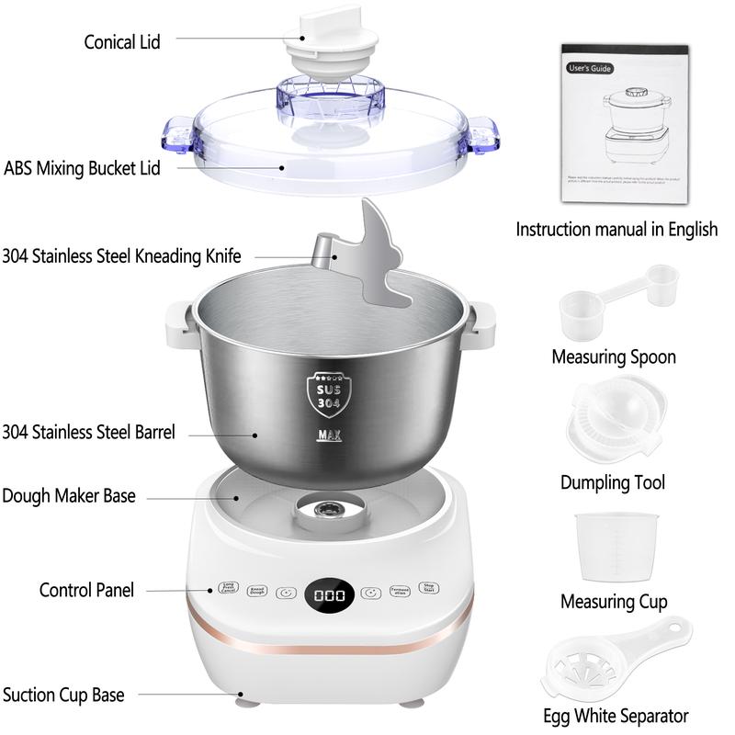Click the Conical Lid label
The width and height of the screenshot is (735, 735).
[122, 42]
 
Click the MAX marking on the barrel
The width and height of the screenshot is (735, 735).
[329, 435]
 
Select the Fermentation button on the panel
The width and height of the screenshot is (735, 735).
[399, 592]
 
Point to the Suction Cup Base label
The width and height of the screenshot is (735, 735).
[63, 695]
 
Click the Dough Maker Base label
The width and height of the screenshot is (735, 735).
[69, 496]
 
